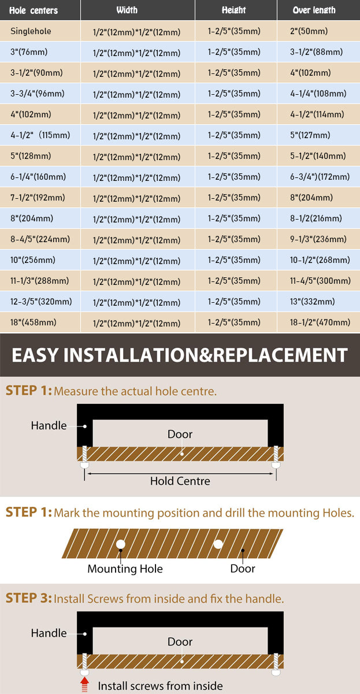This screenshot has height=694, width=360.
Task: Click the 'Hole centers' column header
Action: [x=34, y=10]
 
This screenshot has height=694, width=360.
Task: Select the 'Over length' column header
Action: [x=314, y=10]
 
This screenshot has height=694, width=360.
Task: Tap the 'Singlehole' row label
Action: [x=31, y=31]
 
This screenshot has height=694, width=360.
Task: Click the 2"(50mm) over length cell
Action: [x=309, y=31]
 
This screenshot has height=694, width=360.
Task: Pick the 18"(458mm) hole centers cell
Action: [x=34, y=322]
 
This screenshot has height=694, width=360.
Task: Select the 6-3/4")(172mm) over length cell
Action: [x=320, y=177]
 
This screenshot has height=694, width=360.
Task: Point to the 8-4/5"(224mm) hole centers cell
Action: [x=40, y=239]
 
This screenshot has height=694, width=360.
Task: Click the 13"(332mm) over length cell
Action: [x=312, y=302]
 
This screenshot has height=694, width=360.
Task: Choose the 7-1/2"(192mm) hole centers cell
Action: [x=38, y=198]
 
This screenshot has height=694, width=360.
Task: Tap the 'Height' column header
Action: [x=233, y=10]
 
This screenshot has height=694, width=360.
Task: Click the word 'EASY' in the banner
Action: [x=35, y=355]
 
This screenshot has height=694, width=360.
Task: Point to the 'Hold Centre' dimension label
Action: [x=180, y=481]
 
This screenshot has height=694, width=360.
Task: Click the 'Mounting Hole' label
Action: [x=125, y=569]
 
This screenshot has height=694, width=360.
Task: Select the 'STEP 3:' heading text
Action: [x=28, y=598]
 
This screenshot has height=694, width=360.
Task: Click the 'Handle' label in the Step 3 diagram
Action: [x=49, y=633]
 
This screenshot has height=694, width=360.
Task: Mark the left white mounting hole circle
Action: [x=121, y=544]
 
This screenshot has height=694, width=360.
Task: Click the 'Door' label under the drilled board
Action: [x=243, y=569]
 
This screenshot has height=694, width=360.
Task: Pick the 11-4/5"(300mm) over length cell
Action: [x=320, y=281]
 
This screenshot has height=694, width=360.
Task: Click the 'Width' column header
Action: [x=127, y=10]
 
